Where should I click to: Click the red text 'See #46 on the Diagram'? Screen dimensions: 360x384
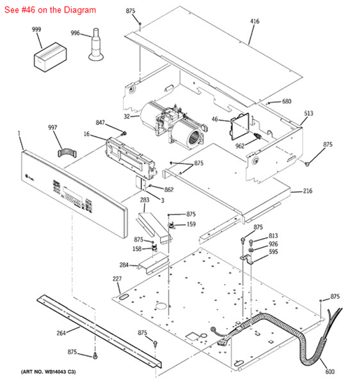(50, 10)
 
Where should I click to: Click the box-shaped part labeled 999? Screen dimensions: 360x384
(50, 57)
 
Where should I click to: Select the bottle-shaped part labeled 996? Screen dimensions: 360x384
(96, 45)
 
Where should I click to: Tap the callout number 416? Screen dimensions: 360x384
(254, 22)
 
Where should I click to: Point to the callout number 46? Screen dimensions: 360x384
(215, 119)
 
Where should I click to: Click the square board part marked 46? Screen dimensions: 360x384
(240, 126)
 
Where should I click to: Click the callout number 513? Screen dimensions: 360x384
(309, 113)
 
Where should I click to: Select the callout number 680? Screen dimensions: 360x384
(287, 101)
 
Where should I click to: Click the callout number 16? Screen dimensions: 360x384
(87, 134)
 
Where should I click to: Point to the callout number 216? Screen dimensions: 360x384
(308, 191)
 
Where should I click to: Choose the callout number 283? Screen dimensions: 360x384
(145, 200)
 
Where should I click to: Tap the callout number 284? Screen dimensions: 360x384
(124, 265)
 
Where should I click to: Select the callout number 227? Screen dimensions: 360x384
(117, 279)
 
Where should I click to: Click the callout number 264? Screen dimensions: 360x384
(62, 333)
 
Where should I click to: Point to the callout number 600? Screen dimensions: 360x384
(330, 371)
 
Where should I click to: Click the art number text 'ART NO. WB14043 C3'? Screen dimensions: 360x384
(48, 372)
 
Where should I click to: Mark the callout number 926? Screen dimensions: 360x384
(273, 244)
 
